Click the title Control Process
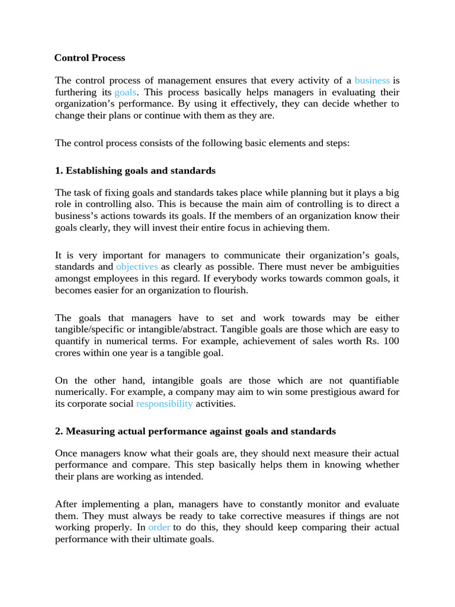89,58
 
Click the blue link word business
372,80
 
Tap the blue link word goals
125,92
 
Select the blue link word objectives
137,267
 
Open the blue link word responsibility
164,404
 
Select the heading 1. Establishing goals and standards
135,171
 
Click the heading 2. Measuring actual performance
196,431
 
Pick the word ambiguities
369,267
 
